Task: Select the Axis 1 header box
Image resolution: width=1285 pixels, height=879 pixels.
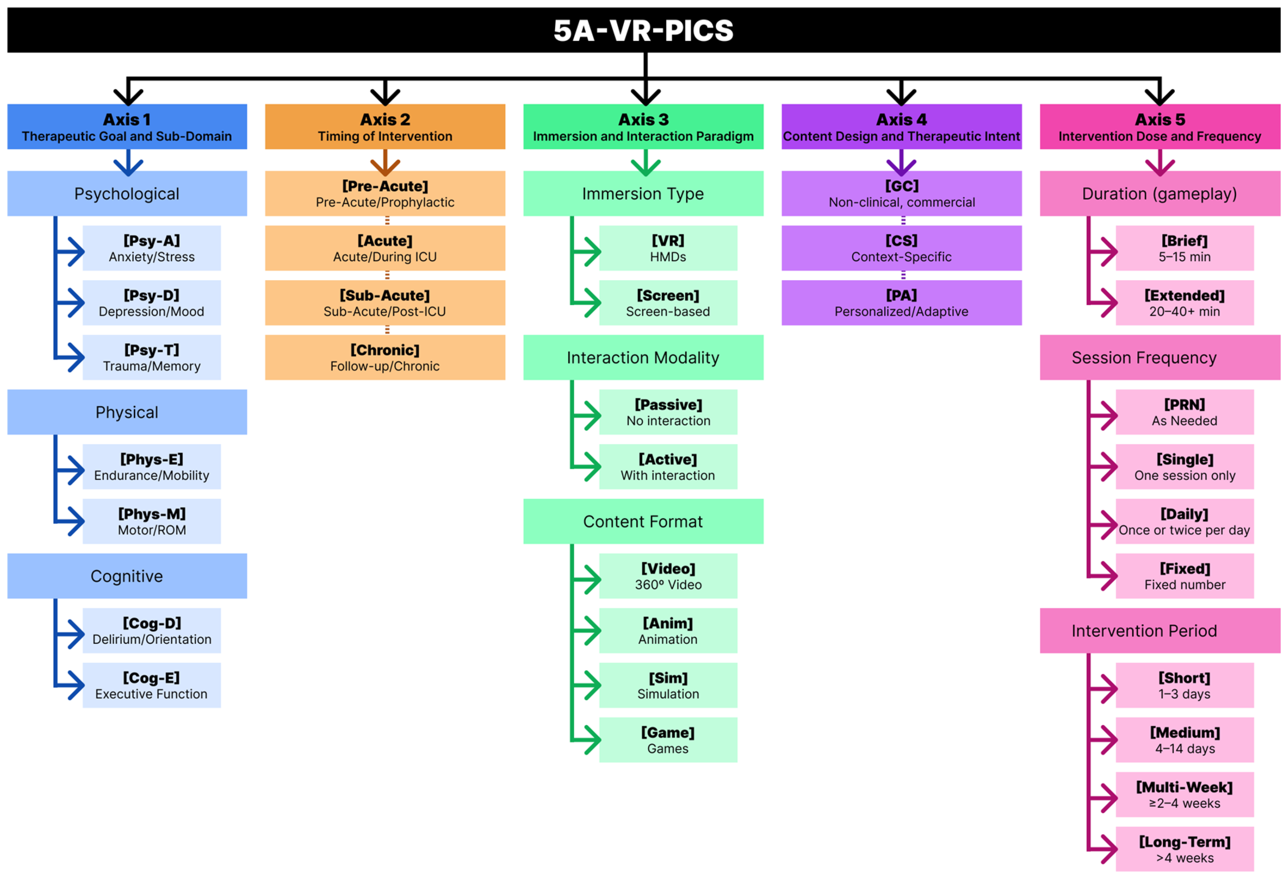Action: [127, 127]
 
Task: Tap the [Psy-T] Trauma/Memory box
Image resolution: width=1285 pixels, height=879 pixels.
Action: [152, 357]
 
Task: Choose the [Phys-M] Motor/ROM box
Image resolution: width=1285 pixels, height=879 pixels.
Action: [152, 521]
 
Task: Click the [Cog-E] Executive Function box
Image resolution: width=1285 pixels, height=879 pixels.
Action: [152, 685]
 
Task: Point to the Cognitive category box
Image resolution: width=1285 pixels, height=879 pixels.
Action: [127, 576]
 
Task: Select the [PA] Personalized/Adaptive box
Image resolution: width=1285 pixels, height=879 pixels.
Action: [901, 303]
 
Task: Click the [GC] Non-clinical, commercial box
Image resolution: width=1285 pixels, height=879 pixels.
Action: [901, 194]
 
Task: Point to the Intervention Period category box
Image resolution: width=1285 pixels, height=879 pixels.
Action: [1160, 631]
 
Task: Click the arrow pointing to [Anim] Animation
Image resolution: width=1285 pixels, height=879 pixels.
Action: [586, 631]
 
